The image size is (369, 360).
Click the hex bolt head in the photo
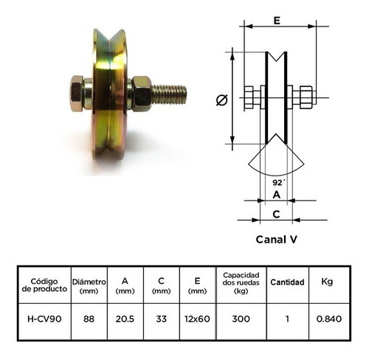(x=77, y=93)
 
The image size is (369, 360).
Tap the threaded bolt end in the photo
(x=170, y=94)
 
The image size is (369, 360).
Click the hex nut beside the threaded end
(x=142, y=94)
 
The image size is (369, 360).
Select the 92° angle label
(x=277, y=181)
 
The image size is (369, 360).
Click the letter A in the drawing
(x=277, y=195)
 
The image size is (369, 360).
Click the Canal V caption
(x=276, y=239)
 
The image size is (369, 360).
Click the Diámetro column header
(x=89, y=285)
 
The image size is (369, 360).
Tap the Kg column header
(x=327, y=282)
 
